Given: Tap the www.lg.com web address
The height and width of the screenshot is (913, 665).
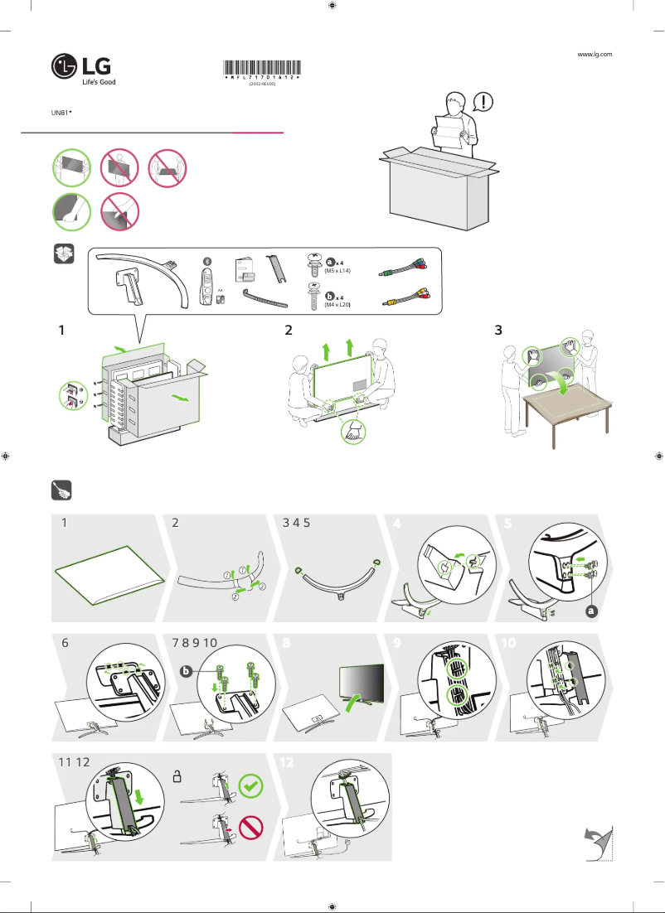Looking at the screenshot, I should pos(594,54).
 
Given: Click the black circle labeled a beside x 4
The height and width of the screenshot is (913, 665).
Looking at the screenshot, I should pos(330,261).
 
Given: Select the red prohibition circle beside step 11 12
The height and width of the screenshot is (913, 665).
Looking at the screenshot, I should pos(251,828).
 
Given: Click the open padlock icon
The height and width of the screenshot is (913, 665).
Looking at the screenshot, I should pos(177,776).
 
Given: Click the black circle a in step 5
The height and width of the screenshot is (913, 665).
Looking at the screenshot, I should pos(591,611).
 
